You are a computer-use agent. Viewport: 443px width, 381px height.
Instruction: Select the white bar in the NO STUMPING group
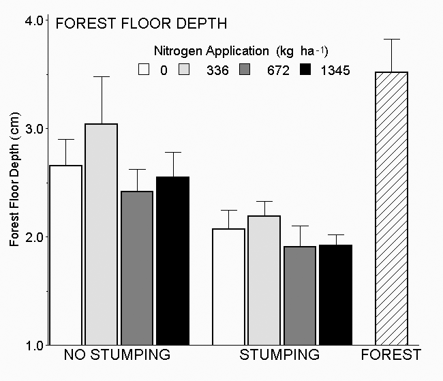pos(66,255)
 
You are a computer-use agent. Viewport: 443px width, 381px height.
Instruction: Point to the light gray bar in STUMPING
pos(263,280)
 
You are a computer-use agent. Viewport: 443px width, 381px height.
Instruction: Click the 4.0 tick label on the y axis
pos(35,20)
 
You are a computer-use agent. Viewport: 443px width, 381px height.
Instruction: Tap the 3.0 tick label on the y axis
pos(35,129)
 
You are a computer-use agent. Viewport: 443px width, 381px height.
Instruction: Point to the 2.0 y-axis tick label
pos(35,237)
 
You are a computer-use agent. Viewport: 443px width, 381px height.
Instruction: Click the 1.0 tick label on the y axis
pos(35,345)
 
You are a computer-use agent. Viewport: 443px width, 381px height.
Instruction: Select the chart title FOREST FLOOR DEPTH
pos(141,25)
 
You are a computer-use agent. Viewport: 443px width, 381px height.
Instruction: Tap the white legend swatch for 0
pos(144,69)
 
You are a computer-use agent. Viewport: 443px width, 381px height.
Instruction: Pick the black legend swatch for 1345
pos(306,69)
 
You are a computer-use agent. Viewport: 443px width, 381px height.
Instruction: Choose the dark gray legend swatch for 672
pos(246,69)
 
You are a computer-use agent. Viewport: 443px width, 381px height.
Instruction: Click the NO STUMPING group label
pos(117,355)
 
